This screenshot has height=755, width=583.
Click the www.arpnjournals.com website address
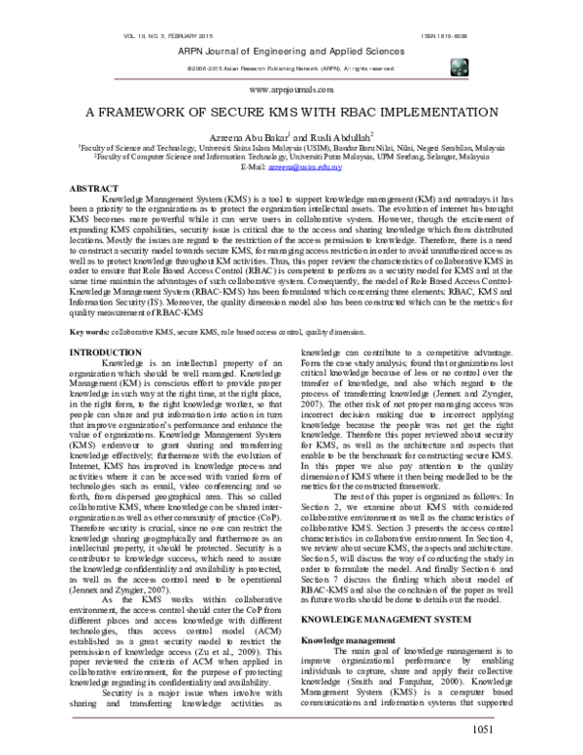click(x=291, y=86)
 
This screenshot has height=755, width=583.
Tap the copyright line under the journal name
click(x=291, y=69)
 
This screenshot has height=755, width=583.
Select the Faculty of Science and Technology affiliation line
click(x=291, y=148)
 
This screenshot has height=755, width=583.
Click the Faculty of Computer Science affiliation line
click(x=291, y=158)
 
